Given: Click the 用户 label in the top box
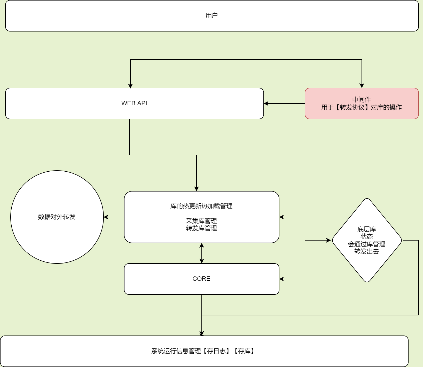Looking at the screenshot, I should click(x=212, y=16).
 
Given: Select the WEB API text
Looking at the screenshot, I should click(x=134, y=103).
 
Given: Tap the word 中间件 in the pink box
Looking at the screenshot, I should click(x=362, y=100).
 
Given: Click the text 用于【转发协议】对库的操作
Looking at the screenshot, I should click(x=362, y=107).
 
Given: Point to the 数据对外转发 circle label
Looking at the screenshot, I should click(x=57, y=217).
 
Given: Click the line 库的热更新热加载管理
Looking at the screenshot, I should click(x=201, y=206).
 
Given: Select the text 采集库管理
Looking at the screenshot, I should click(x=201, y=221).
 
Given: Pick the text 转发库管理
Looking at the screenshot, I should click(x=201, y=228).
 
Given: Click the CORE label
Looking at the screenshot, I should click(x=201, y=279).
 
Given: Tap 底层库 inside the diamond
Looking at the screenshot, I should click(x=367, y=229).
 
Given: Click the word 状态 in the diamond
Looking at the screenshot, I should click(x=367, y=236).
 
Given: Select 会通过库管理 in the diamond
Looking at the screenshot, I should click(x=367, y=244).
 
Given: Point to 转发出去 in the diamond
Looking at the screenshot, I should click(x=367, y=251).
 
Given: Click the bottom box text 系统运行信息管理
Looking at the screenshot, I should click(x=176, y=351).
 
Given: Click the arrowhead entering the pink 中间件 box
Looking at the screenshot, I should click(x=362, y=86).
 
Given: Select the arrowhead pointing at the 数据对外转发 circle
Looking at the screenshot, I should click(x=106, y=217).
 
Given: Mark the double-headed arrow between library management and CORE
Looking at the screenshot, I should click(x=202, y=253).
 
